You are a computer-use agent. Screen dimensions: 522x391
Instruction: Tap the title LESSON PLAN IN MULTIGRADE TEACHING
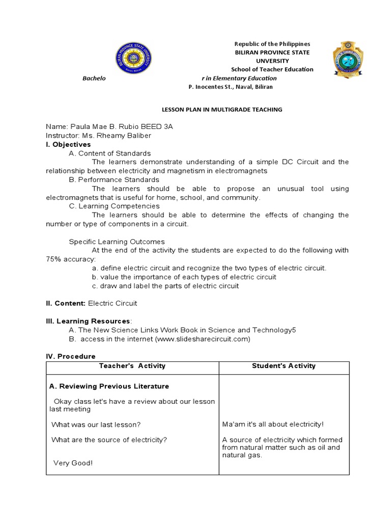[221, 110]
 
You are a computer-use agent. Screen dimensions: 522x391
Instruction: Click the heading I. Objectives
[68, 144]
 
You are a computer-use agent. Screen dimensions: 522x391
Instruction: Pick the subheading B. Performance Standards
[114, 179]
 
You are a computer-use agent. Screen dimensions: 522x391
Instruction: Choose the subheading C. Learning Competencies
[114, 206]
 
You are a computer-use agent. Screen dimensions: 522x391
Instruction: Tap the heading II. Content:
[66, 303]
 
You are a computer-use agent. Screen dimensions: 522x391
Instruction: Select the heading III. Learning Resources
[88, 321]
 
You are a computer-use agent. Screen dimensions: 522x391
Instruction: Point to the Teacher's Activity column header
[132, 366]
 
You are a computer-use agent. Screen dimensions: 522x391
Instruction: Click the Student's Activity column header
[284, 366]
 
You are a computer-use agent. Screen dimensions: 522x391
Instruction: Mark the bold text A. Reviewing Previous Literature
[109, 386]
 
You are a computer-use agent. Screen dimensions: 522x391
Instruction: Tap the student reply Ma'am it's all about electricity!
[273, 424]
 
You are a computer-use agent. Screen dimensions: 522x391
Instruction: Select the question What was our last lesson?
[96, 424]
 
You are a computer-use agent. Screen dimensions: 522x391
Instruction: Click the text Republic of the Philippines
[272, 44]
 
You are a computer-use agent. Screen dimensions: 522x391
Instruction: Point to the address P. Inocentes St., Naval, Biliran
[231, 87]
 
